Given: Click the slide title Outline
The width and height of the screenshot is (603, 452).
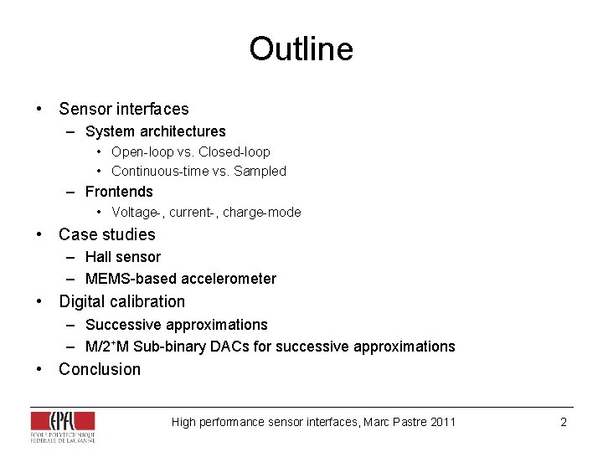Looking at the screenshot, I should [301, 49].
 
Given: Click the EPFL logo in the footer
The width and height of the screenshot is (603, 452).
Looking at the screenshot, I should [63, 425].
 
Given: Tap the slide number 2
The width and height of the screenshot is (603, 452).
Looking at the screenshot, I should [564, 422].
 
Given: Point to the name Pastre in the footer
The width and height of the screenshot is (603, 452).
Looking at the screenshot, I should [409, 422].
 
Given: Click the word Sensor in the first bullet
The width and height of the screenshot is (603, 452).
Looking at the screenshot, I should [85, 109].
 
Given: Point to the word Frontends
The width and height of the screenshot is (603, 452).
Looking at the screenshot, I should [119, 192].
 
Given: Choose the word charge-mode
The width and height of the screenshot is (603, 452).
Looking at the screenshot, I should [262, 213].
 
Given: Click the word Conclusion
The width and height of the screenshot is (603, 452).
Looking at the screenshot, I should [100, 369].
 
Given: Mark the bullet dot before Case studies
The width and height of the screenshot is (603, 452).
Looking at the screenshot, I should [39, 234].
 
